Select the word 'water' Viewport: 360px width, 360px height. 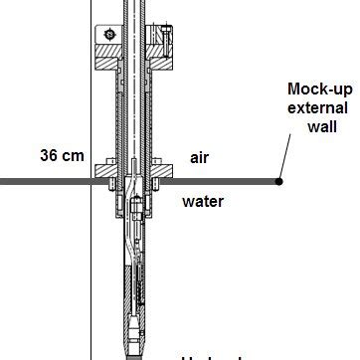tap(203, 201)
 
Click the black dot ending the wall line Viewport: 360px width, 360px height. tap(279, 181)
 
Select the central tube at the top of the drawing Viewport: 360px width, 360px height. tap(132, 15)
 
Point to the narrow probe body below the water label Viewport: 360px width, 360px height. tap(133, 269)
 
